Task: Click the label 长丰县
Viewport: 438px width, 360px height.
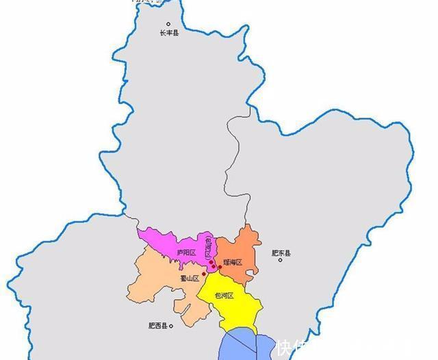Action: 169,34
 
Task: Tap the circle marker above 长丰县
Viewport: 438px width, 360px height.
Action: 169,25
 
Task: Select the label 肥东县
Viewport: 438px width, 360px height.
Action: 281,253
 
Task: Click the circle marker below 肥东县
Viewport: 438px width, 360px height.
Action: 281,260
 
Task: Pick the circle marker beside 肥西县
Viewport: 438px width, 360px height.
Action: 171,326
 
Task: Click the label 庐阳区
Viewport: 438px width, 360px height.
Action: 186,253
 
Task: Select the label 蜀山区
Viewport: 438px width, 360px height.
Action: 189,278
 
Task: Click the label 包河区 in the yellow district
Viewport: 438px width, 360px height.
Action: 224,296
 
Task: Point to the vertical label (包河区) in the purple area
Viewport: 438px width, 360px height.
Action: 209,246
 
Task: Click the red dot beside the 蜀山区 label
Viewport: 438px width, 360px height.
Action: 204,274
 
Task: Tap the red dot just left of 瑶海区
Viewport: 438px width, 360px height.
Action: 220,266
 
